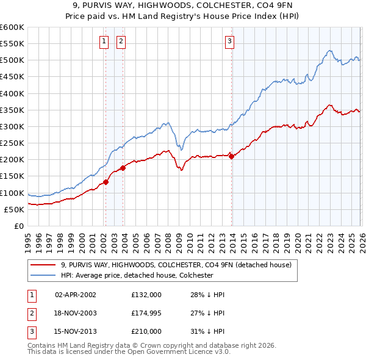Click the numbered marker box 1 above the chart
(104, 41)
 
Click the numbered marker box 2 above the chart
(121, 41)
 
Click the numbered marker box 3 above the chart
(229, 41)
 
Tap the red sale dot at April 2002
(106, 181)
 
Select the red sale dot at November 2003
(123, 167)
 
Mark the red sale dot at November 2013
(231, 156)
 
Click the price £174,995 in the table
(146, 312)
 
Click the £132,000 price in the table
(146, 294)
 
